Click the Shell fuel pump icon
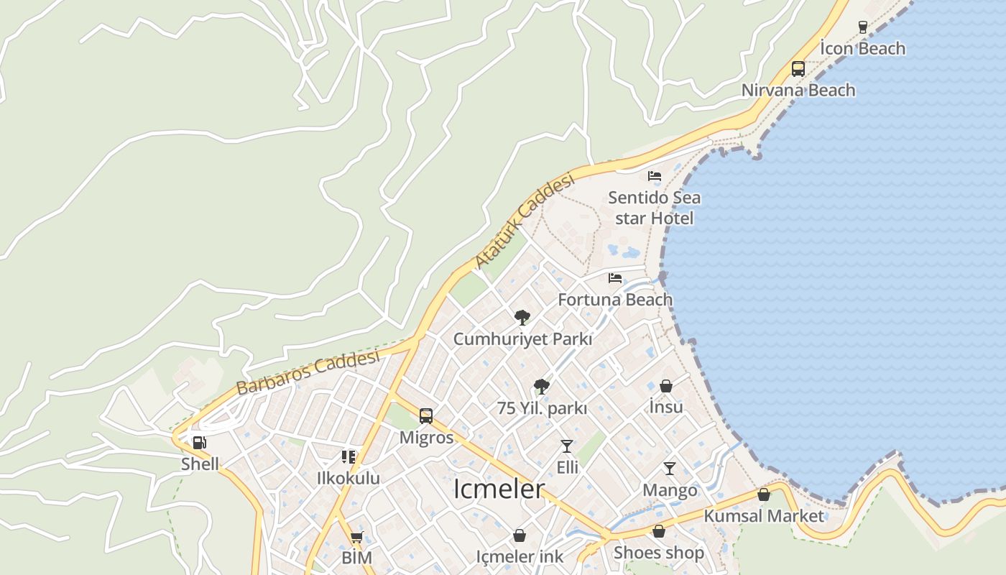click(x=199, y=442)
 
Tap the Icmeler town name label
click(x=499, y=489)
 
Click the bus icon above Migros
click(x=426, y=416)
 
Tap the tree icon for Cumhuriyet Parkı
click(x=522, y=317)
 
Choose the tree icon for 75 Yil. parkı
click(x=542, y=387)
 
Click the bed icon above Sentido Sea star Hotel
click(x=654, y=175)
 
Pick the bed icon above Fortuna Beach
click(x=615, y=277)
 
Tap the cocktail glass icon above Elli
click(x=567, y=446)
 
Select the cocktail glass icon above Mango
click(x=670, y=469)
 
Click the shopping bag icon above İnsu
click(x=666, y=386)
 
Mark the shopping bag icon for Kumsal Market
click(x=764, y=494)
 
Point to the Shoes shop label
click(x=658, y=553)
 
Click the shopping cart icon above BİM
click(x=356, y=537)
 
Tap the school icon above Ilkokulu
click(x=349, y=456)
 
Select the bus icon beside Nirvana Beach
click(x=798, y=69)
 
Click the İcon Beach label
click(x=862, y=49)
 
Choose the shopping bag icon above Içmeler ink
click(x=520, y=535)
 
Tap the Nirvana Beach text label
click(x=798, y=91)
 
